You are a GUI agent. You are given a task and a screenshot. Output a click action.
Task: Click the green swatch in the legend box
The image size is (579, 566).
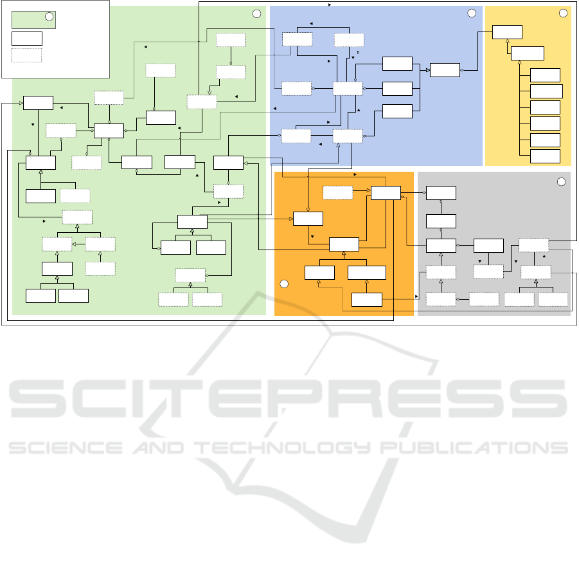[33, 19]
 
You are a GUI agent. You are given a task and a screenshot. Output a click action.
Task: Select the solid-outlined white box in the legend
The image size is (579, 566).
[26, 37]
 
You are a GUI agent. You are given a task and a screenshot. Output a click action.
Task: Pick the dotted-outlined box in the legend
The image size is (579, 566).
[26, 55]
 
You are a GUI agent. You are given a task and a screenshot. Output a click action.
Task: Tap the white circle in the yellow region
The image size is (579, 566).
[564, 13]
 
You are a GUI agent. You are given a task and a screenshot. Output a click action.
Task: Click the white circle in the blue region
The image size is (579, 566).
[472, 13]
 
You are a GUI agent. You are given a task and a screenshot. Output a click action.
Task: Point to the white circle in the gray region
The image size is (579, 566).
[561, 182]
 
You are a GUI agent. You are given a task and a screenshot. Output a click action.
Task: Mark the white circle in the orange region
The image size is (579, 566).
[284, 284]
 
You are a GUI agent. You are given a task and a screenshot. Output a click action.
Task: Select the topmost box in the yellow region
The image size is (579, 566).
[508, 32]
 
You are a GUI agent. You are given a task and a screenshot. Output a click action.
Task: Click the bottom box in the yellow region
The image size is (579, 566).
[545, 156]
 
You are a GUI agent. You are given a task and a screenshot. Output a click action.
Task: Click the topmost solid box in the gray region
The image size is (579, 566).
[441, 193]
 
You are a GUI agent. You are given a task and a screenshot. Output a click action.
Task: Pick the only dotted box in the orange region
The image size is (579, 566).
[338, 192]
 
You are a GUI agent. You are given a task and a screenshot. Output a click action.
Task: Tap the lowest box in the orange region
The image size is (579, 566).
[368, 299]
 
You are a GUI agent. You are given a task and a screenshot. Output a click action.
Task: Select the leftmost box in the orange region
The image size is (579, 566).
[308, 219]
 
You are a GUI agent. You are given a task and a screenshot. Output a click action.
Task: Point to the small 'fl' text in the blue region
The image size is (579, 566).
[358, 52]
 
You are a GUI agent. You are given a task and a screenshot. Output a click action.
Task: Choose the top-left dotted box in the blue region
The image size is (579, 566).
[297, 39]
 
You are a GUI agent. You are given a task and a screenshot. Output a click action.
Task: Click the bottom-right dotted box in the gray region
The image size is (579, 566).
[553, 299]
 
